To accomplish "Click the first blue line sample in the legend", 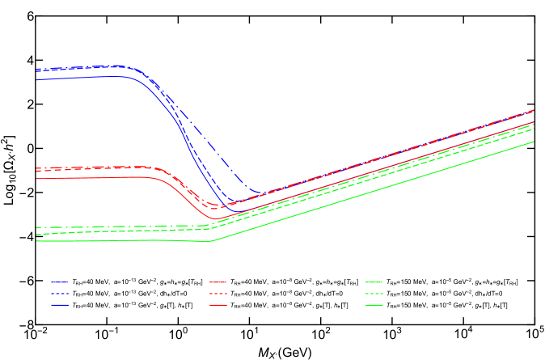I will coord(60,282).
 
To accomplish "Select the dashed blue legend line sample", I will coord(60,293).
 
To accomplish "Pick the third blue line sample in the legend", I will coord(60,305).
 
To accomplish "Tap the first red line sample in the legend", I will coord(218,282).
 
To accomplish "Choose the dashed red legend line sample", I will coord(218,293).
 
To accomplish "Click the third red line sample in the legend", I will coord(218,305).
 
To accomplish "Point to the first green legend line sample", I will coord(374,282).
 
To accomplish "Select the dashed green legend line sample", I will coord(374,293).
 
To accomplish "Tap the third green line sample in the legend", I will coord(374,305).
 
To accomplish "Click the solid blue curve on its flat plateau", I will coord(81,78).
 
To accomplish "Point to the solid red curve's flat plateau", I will coord(81,178).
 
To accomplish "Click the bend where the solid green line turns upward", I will coord(209,241).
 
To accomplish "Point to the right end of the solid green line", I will coord(534,142).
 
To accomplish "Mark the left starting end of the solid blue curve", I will coord(36,79).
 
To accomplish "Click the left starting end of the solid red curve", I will coord(36,179).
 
